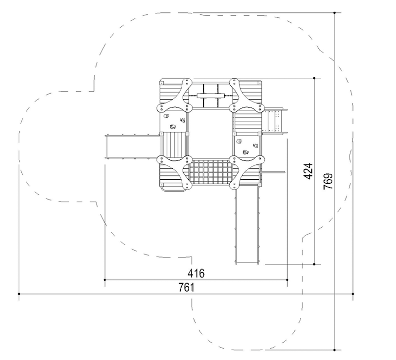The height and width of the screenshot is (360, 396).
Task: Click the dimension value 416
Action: click(196, 273)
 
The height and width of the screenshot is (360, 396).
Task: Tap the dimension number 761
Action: click(187, 287)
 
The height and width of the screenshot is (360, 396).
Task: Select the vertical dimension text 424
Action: click(308, 171)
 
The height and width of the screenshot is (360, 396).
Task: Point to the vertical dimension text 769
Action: click(328, 181)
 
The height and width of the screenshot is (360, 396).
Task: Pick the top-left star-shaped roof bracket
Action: click(174, 95)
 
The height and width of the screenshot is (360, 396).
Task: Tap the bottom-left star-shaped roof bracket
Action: click(174, 172)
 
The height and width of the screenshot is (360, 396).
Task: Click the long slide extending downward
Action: click(247, 225)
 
